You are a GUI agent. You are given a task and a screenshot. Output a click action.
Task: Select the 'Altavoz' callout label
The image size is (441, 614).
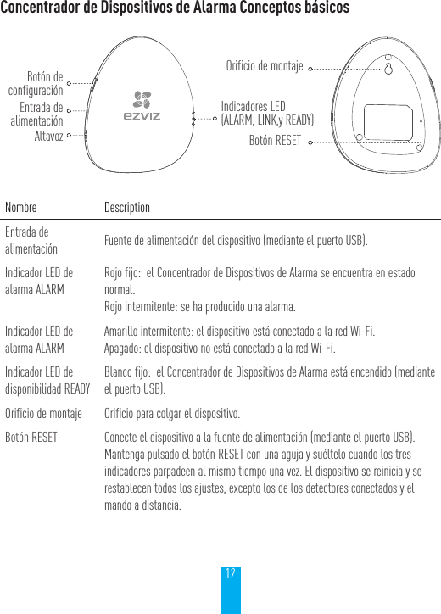click(48, 135)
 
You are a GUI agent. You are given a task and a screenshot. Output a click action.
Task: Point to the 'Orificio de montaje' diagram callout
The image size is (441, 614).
click(265, 65)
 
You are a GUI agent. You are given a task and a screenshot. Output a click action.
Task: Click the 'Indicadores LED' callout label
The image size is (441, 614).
click(266, 113)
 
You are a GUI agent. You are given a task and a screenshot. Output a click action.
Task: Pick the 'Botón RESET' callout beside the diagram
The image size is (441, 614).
click(274, 140)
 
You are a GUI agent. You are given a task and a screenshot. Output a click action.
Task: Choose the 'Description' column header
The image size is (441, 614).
click(126, 208)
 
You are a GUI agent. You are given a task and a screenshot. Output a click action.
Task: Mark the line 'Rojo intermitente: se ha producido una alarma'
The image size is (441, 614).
click(199, 305)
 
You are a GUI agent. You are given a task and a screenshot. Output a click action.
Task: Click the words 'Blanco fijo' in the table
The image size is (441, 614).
click(124, 372)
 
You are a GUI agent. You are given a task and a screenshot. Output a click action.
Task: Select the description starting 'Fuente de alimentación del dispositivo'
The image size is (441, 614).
click(236, 241)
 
